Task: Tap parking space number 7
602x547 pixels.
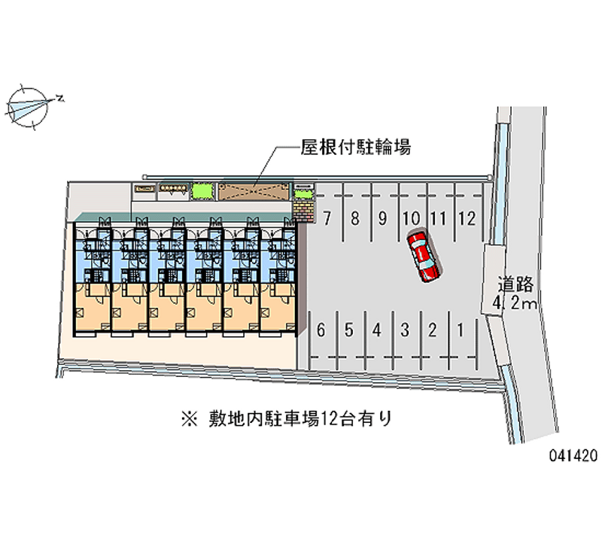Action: pyautogui.click(x=327, y=219)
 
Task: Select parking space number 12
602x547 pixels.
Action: pyautogui.click(x=467, y=219)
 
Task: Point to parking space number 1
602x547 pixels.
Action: pyautogui.click(x=459, y=329)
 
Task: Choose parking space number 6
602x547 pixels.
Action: pyautogui.click(x=321, y=329)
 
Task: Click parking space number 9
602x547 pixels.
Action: pyautogui.click(x=382, y=219)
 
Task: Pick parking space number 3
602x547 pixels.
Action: pyautogui.click(x=404, y=329)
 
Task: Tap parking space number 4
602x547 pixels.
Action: pyautogui.click(x=376, y=329)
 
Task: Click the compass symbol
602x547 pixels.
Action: pyautogui.click(x=29, y=105)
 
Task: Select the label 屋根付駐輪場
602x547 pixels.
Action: pyautogui.click(x=345, y=147)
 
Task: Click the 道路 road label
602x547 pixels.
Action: pyautogui.click(x=515, y=284)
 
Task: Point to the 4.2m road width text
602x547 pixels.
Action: pyautogui.click(x=515, y=304)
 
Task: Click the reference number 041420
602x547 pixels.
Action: pyautogui.click(x=573, y=455)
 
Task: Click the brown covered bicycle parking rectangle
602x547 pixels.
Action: pyautogui.click(x=254, y=191)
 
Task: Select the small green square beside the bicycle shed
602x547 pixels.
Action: pyautogui.click(x=201, y=191)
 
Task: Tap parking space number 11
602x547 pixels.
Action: pyautogui.click(x=439, y=219)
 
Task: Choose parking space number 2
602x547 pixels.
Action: pyautogui.click(x=432, y=329)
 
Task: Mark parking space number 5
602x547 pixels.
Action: pyautogui.click(x=348, y=329)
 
